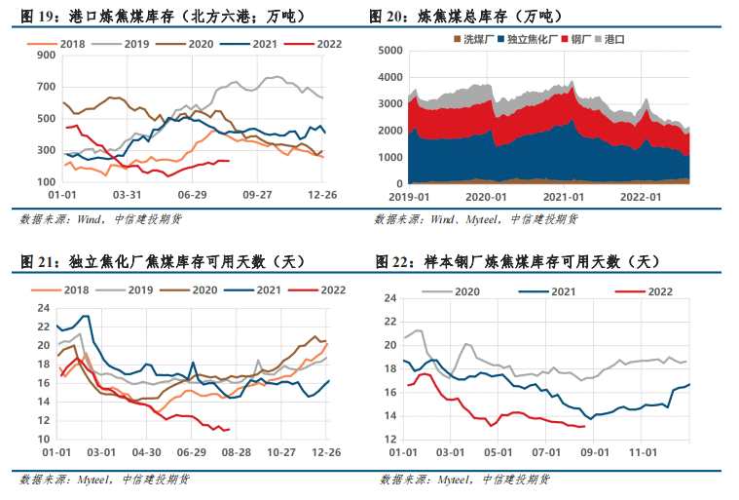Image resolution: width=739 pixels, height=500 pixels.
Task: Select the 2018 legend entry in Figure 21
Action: click(x=67, y=289)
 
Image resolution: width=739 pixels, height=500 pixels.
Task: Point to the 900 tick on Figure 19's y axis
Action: click(x=44, y=56)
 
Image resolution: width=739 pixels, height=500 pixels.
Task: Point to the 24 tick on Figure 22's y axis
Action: click(x=393, y=298)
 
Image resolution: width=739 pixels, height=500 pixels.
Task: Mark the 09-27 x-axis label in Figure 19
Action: click(x=257, y=195)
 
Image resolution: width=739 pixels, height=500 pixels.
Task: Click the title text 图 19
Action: click(x=38, y=16)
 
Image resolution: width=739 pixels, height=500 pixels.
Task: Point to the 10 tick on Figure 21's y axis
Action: click(x=43, y=439)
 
